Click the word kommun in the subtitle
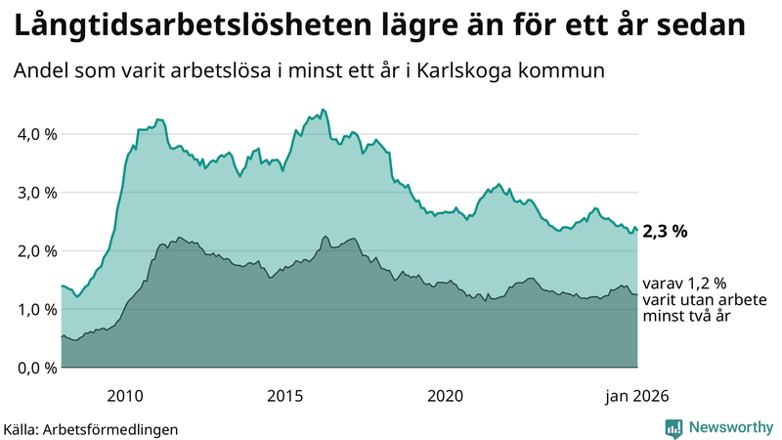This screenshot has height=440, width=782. click(x=567, y=71)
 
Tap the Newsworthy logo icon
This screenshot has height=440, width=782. click(x=673, y=427)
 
